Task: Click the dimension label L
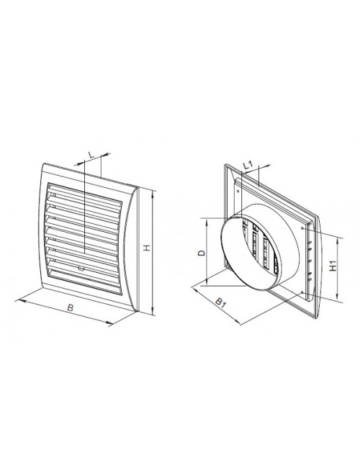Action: tap(91, 156)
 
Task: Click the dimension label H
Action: tap(147, 248)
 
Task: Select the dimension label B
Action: tap(70, 307)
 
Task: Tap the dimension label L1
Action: tap(248, 166)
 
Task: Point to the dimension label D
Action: tap(202, 253)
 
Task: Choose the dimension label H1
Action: tap(333, 266)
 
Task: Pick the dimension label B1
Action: tap(220, 302)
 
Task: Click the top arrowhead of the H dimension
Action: tap(153, 194)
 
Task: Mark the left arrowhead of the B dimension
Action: tap(19, 301)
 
